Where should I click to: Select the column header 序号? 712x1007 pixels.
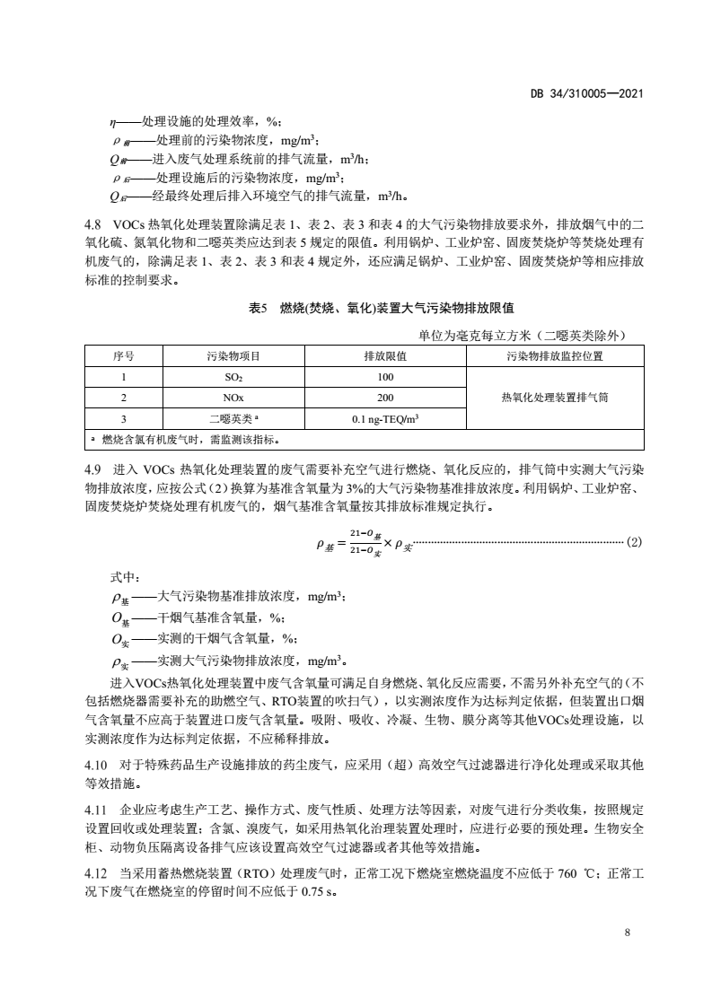[x=123, y=356]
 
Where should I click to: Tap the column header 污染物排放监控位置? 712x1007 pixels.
[x=554, y=356]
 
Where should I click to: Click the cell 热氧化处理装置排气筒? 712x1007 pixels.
[x=554, y=398]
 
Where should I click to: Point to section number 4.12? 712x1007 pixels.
[x=97, y=871]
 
